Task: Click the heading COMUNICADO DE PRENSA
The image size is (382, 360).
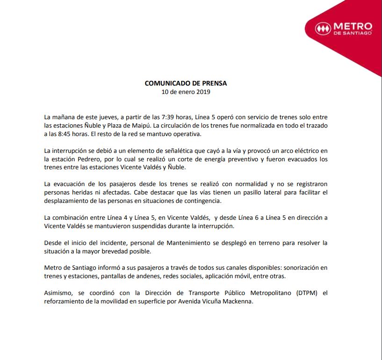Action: click(x=186, y=83)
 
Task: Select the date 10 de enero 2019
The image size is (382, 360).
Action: click(x=186, y=92)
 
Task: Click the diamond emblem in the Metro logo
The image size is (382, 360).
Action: click(x=322, y=28)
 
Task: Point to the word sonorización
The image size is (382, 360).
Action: click(x=308, y=268)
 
